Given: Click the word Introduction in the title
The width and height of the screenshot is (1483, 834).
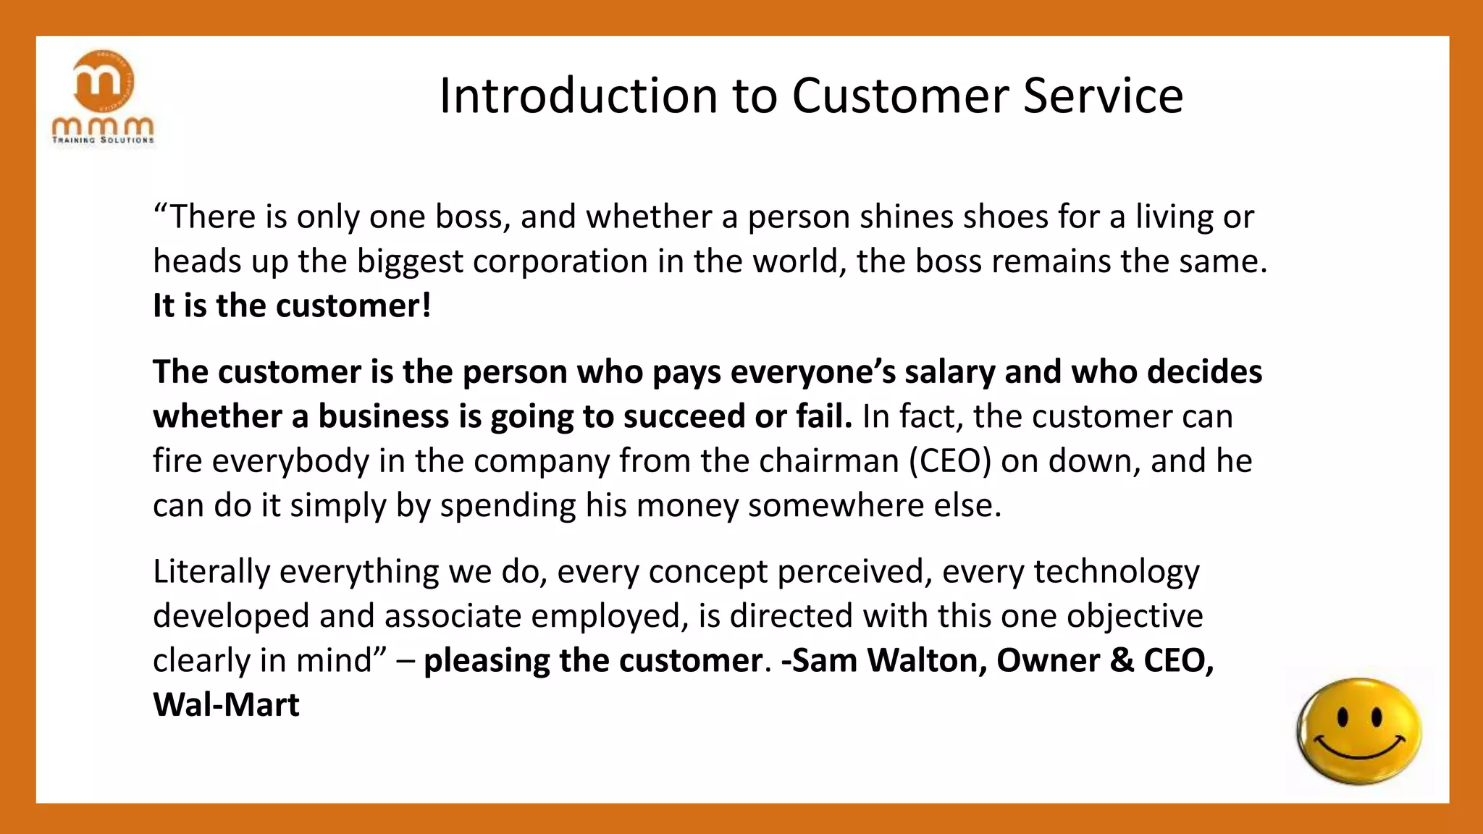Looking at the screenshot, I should (x=579, y=96).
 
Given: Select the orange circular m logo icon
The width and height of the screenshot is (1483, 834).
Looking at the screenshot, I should (x=104, y=81).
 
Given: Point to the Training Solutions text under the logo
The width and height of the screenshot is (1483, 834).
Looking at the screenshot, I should (x=104, y=140).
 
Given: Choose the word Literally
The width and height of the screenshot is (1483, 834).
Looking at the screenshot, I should (x=211, y=572).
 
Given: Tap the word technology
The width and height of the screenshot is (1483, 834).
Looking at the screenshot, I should (x=1116, y=572).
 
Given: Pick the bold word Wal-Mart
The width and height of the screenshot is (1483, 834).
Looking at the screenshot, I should (x=226, y=705).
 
